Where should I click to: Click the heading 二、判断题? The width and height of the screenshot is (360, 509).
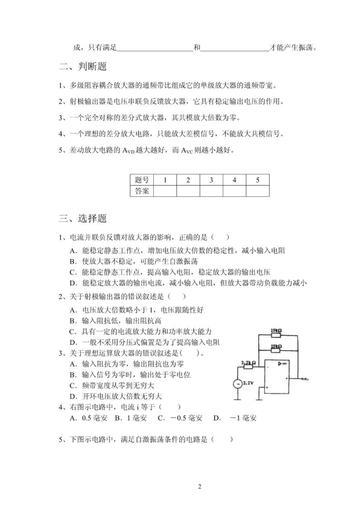click(x=83, y=67)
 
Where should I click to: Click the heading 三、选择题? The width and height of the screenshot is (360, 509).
click(x=83, y=218)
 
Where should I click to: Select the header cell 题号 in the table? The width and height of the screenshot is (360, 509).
click(x=142, y=180)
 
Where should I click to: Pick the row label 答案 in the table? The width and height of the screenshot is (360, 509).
click(x=142, y=191)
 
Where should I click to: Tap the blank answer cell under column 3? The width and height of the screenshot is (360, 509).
click(x=211, y=191)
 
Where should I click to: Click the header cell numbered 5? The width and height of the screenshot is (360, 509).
click(x=258, y=180)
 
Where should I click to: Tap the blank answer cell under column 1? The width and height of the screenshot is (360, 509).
click(x=165, y=191)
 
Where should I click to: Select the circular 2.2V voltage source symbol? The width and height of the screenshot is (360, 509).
click(x=238, y=383)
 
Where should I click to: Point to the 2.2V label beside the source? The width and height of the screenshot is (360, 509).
click(x=248, y=383)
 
